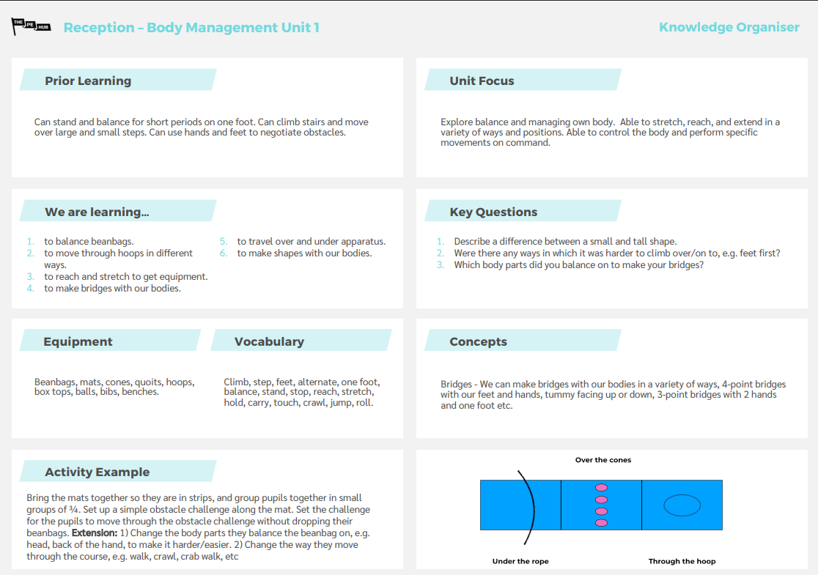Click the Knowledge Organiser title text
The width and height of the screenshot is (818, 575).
(x=729, y=27)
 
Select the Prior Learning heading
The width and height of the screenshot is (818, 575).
(x=88, y=81)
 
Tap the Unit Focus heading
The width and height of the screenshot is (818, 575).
(x=482, y=81)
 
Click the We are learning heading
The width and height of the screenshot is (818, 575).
(x=97, y=212)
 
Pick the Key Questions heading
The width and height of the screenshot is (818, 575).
(x=493, y=212)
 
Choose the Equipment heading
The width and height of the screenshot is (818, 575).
(x=78, y=341)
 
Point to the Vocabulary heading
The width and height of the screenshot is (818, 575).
(x=269, y=341)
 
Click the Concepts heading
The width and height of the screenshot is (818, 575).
(x=478, y=341)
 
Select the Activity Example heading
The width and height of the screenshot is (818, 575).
(x=97, y=472)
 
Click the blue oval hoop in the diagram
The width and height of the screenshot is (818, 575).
(x=682, y=505)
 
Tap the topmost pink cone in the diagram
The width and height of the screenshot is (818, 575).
(x=602, y=487)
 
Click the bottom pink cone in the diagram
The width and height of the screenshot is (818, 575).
(x=602, y=522)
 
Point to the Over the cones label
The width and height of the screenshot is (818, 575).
(x=603, y=460)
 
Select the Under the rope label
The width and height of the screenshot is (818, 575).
(x=520, y=561)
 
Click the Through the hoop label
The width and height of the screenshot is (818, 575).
(x=682, y=561)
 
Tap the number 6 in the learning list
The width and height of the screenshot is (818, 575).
(x=224, y=253)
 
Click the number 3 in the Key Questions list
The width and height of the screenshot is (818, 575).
(x=441, y=264)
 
